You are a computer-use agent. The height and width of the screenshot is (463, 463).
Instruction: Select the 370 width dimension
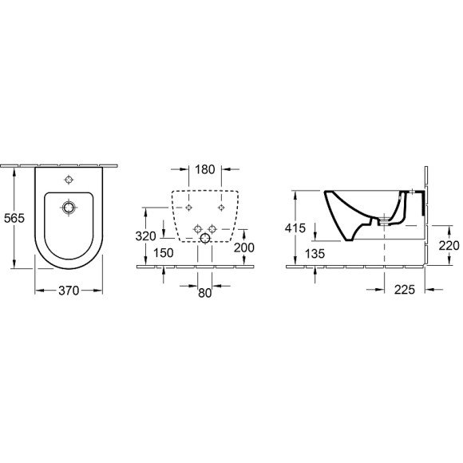coord(69,291)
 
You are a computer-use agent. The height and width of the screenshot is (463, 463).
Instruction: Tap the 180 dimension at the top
coord(204,169)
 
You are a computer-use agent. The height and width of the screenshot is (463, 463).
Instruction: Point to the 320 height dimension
coord(145,237)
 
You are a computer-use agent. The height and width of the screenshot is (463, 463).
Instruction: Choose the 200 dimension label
coord(245,247)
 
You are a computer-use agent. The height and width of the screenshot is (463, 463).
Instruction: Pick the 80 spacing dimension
coord(205,292)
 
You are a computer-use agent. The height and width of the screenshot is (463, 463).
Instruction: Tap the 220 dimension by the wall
coord(448,246)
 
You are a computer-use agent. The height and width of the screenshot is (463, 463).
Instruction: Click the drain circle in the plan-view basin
coord(70,207)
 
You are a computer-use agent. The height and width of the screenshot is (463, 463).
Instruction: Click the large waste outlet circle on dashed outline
coord(205,238)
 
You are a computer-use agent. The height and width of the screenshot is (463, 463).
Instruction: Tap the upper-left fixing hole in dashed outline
coord(188,208)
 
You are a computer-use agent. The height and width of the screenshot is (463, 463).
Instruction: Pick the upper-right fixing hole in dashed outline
coord(221,208)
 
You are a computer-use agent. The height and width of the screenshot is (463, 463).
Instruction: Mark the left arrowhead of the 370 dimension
coord(37,291)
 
